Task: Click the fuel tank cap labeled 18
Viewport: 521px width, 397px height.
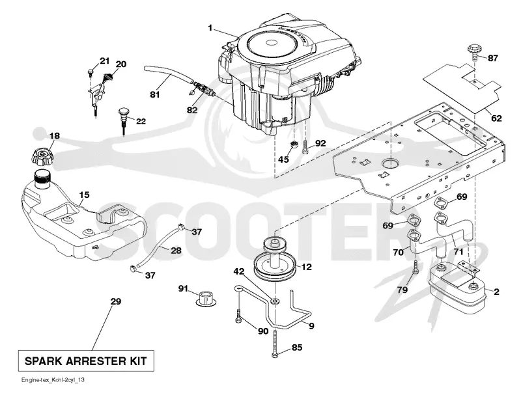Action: tap(42, 156)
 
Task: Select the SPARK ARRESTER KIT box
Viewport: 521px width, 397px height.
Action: tap(86, 361)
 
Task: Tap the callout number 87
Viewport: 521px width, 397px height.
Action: tap(493, 59)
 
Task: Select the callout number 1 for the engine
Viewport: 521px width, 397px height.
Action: tap(210, 28)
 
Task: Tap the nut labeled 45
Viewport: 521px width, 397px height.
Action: tap(294, 145)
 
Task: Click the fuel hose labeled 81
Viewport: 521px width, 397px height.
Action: tap(168, 74)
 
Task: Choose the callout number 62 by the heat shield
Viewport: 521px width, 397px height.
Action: tap(496, 118)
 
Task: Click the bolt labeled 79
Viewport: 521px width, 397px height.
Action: tap(415, 267)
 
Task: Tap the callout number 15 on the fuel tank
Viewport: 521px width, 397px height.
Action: tap(85, 195)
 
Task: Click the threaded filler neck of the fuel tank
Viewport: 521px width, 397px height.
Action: tap(42, 179)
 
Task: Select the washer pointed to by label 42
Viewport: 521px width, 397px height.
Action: tap(275, 301)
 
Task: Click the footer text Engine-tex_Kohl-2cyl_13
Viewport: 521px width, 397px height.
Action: tap(53, 379)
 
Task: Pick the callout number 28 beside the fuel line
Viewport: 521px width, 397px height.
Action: tap(176, 251)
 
